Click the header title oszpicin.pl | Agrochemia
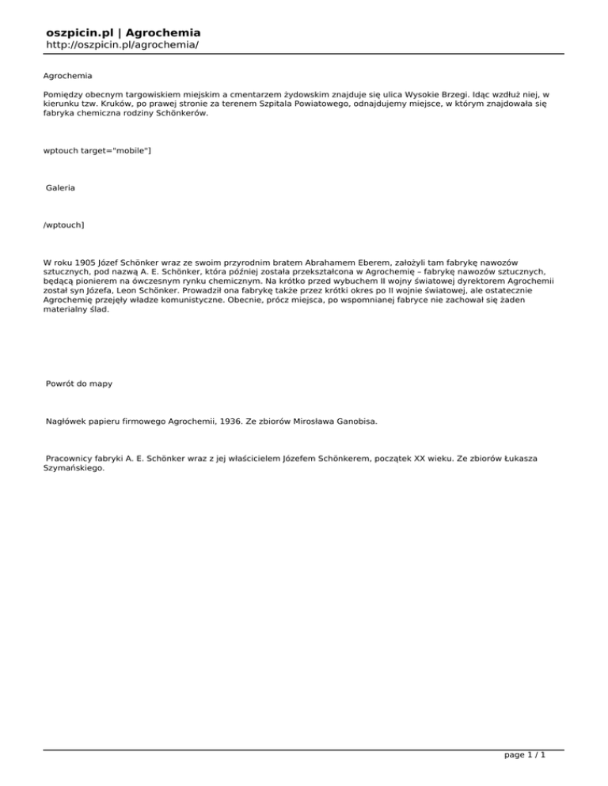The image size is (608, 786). [123, 32]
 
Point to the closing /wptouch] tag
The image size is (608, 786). [64, 225]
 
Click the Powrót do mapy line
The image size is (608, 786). [78, 384]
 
